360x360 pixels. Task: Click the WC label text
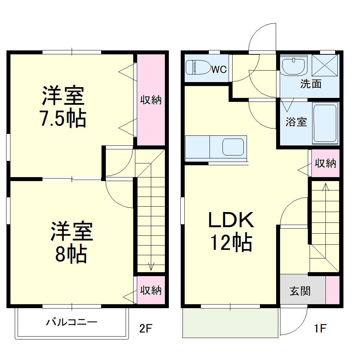tap(219, 69)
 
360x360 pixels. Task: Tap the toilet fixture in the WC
tap(197, 67)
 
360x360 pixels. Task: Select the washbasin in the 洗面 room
tap(293, 66)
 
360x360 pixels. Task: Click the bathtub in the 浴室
tap(325, 123)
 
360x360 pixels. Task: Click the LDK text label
tap(231, 220)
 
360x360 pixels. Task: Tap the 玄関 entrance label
tap(300, 291)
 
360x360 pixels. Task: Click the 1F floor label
tap(320, 328)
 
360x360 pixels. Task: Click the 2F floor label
tap(146, 328)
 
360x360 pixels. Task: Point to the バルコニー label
tap(71, 322)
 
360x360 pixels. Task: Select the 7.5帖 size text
tap(63, 119)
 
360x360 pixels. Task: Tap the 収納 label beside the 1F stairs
tap(325, 163)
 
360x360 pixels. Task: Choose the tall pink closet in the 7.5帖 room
tap(151, 100)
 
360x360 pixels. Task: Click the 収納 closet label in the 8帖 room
tap(151, 290)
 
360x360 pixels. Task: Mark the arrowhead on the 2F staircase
tap(151, 267)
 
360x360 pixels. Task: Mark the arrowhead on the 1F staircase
tap(325, 186)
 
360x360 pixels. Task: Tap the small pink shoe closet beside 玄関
tap(333, 290)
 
